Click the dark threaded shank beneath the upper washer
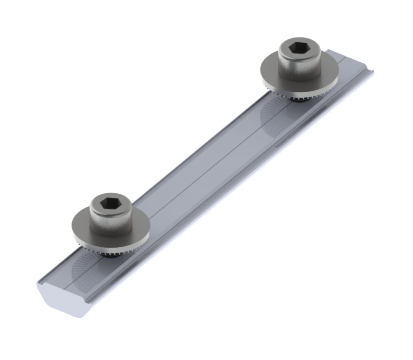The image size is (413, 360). [299, 99]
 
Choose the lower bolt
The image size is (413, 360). [111, 221]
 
